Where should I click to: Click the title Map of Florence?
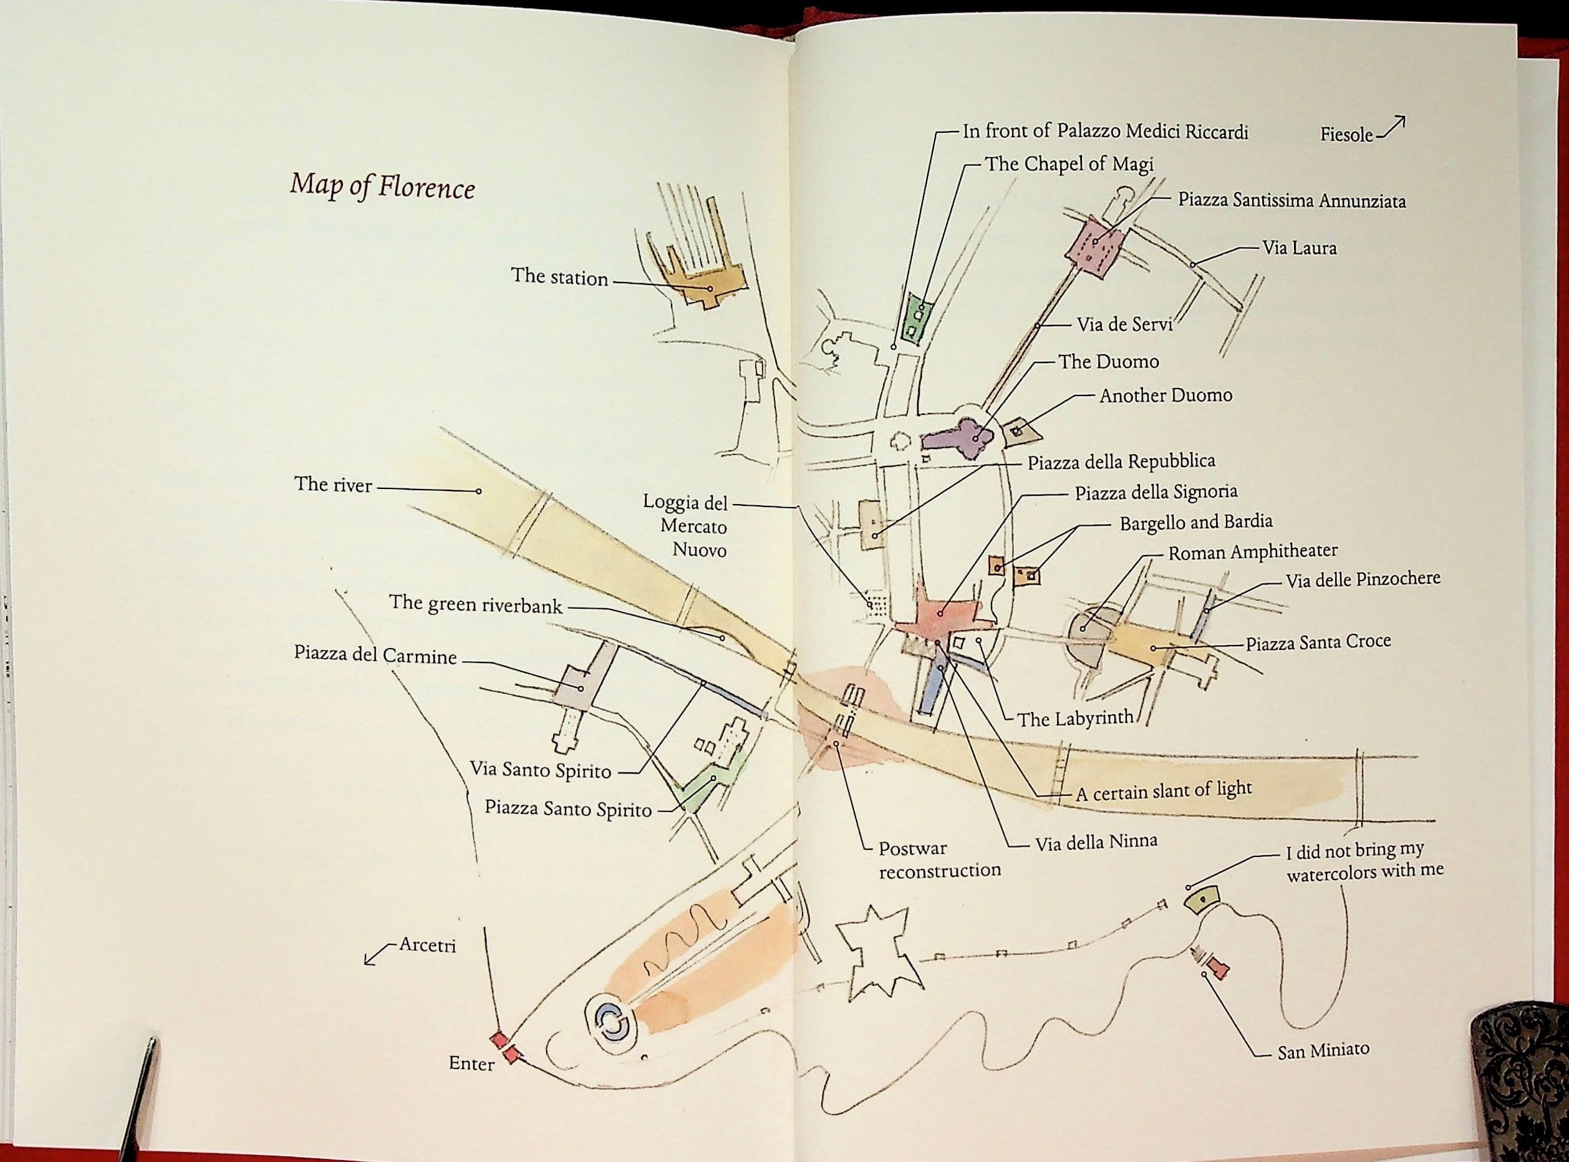point(382,186)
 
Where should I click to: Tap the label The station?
point(559,276)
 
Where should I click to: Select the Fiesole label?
point(1346,134)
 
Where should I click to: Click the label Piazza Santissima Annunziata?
point(1292,201)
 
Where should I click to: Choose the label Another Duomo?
point(1166,395)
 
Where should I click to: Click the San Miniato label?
point(1323,1051)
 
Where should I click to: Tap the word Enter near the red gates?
point(471,1063)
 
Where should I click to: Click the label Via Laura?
point(1299,248)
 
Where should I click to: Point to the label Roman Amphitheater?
point(1253,552)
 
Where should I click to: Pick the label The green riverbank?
point(476,604)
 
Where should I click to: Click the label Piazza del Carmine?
point(375,655)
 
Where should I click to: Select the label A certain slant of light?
point(1163,792)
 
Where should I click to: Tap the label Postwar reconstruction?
point(939,859)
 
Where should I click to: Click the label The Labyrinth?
point(1075,718)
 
